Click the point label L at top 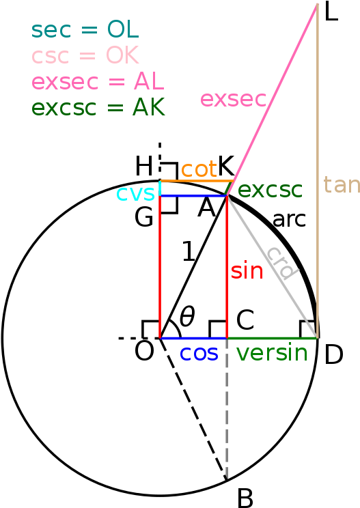pyautogui.click(x=331, y=12)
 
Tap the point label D pyautogui.click(x=334, y=355)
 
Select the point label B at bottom pyautogui.click(x=245, y=498)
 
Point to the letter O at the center pyautogui.click(x=144, y=351)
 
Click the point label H pyautogui.click(x=144, y=166)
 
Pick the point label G pyautogui.click(x=144, y=217)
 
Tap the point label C pyautogui.click(x=245, y=320)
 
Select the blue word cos pyautogui.click(x=199, y=353)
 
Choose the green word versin pyautogui.click(x=272, y=352)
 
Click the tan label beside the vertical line pyautogui.click(x=342, y=185)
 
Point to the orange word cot pyautogui.click(x=199, y=169)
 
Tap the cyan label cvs pyautogui.click(x=135, y=193)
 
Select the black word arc pyautogui.click(x=290, y=220)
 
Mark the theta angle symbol pyautogui.click(x=187, y=315)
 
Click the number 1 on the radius pyautogui.click(x=189, y=251)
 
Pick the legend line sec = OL pyautogui.click(x=85, y=29)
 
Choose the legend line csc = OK pyautogui.click(x=85, y=55)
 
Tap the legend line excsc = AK pyautogui.click(x=98, y=107)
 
